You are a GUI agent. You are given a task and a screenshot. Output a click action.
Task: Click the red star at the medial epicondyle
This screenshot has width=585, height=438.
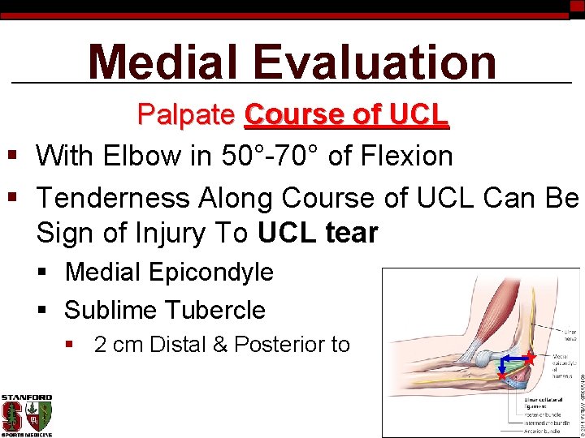coord(529,356)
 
